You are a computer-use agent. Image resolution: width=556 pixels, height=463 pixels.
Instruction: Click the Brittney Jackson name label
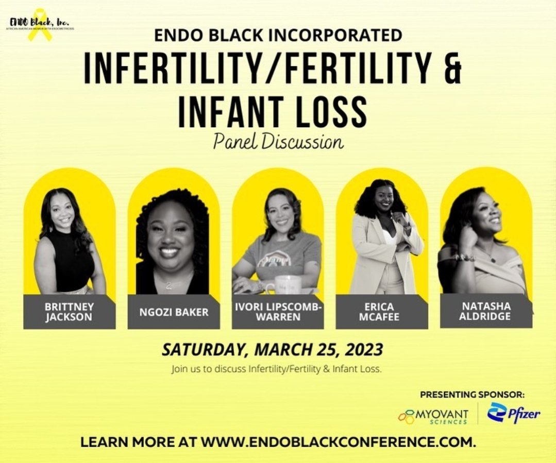[70, 312]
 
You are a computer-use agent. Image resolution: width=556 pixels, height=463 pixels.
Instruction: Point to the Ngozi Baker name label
[174, 312]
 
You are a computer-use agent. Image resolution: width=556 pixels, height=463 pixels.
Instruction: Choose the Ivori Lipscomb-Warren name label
[278, 312]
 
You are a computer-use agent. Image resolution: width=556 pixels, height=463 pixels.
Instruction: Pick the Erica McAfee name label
[382, 312]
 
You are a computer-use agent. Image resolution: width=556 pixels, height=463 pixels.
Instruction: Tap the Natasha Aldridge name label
[486, 311]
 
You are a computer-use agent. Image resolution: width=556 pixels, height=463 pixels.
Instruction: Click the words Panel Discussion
[278, 142]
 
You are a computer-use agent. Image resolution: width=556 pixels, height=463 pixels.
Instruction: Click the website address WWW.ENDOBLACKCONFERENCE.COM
[338, 442]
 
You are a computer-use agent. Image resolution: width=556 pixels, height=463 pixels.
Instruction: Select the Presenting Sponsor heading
[472, 395]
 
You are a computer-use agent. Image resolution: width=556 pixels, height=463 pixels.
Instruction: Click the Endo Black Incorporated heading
[278, 35]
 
